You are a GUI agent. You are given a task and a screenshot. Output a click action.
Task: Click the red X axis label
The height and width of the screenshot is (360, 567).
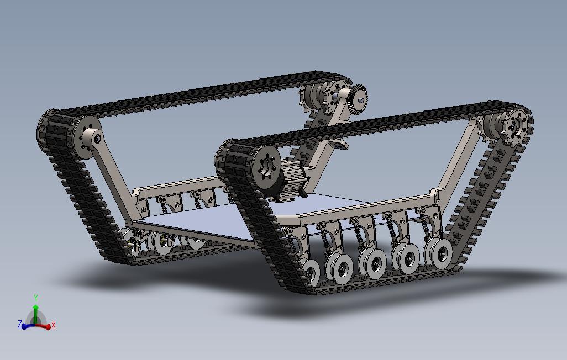tap(54, 325)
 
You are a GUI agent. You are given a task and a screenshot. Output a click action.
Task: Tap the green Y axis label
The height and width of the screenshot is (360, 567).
tap(36, 298)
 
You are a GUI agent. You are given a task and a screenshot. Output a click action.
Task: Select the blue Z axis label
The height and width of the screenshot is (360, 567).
tap(20, 324)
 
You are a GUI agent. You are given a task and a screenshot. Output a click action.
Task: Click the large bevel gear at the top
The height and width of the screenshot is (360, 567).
tap(358, 100)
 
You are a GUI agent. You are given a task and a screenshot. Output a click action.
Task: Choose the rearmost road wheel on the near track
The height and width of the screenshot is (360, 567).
tap(440, 253)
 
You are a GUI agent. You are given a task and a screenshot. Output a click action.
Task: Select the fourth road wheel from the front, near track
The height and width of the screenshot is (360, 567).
tap(408, 256)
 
